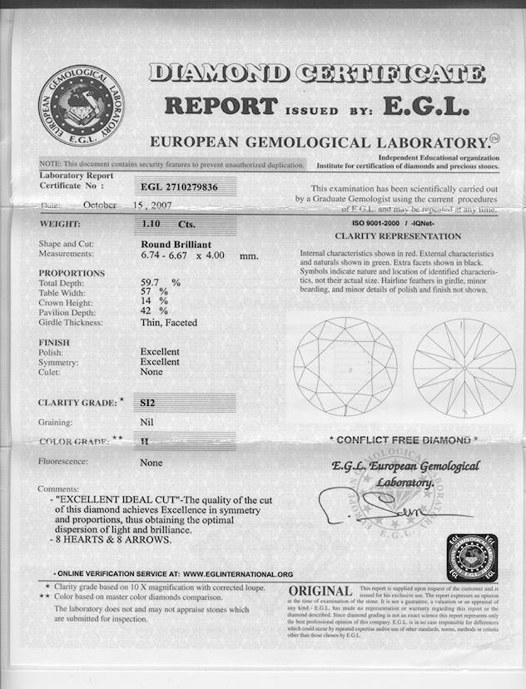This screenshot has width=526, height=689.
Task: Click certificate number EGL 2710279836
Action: (179, 187)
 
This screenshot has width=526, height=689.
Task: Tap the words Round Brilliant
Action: (175, 244)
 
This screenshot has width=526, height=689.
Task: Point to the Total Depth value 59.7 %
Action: (160, 283)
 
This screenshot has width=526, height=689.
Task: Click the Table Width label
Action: (67, 293)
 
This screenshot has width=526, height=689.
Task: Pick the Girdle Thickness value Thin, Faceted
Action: (168, 322)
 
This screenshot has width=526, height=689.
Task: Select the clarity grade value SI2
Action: (148, 403)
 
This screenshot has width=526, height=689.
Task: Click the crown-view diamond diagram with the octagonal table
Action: (345, 367)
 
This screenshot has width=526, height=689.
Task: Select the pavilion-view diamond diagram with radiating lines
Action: (464, 367)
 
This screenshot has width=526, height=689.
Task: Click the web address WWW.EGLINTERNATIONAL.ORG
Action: (238, 574)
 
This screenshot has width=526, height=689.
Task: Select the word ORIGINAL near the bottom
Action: (320, 592)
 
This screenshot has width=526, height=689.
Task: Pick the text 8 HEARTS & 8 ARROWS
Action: (114, 540)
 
